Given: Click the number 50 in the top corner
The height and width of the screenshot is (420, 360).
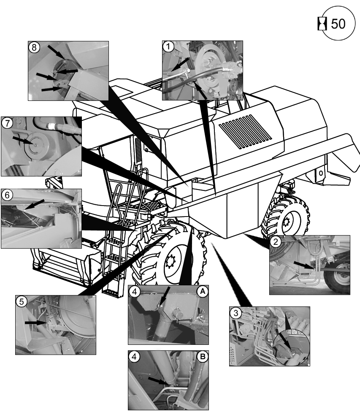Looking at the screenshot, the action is coord(338,24).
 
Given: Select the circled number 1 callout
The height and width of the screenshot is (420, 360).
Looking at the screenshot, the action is coord(168,46).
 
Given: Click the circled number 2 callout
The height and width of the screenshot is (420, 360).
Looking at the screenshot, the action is coord(275,241).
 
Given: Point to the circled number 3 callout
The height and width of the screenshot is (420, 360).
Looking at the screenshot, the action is coord(235,313).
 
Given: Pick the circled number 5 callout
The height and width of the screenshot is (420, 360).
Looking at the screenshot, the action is coord(22,302).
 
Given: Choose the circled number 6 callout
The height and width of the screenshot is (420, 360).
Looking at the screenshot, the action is coord(7,195).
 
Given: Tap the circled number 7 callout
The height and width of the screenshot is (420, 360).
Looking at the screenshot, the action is coord(7,123).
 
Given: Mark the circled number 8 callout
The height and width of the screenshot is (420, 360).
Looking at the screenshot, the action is coord(34,47).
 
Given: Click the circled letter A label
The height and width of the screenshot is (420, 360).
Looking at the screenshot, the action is coord(203,291).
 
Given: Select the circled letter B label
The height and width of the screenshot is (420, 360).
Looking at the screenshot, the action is coord(203,357).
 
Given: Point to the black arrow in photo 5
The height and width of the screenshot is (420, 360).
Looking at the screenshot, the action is coord(36,323).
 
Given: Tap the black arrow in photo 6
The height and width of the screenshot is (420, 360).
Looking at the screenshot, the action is coord(34,204).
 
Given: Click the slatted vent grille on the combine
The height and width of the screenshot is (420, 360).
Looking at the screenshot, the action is coord(245,131).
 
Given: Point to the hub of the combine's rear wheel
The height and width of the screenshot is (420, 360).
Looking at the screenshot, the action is coord(287,221).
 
